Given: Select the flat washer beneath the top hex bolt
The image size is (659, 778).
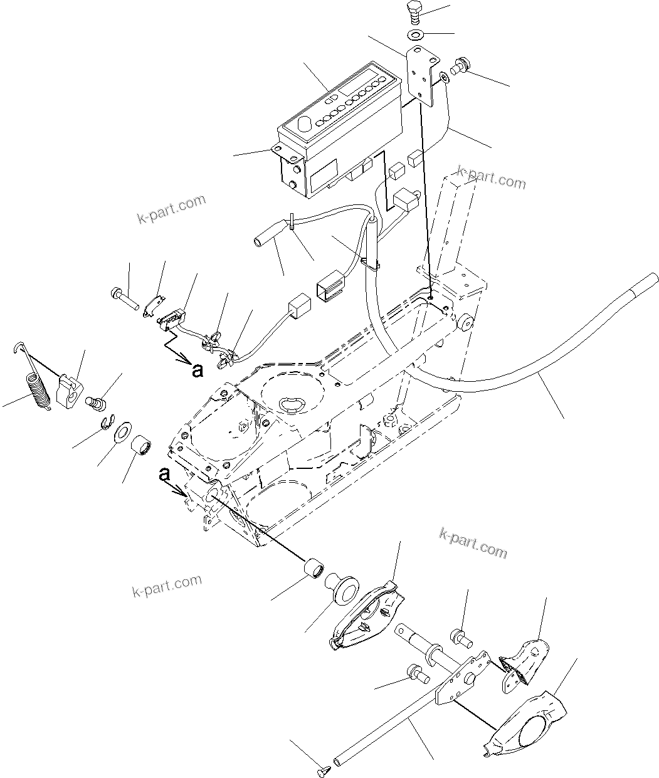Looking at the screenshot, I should (415, 33).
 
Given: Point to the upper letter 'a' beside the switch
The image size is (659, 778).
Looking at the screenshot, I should (198, 371).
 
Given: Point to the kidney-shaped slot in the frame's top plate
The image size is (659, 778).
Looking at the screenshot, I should (290, 404).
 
